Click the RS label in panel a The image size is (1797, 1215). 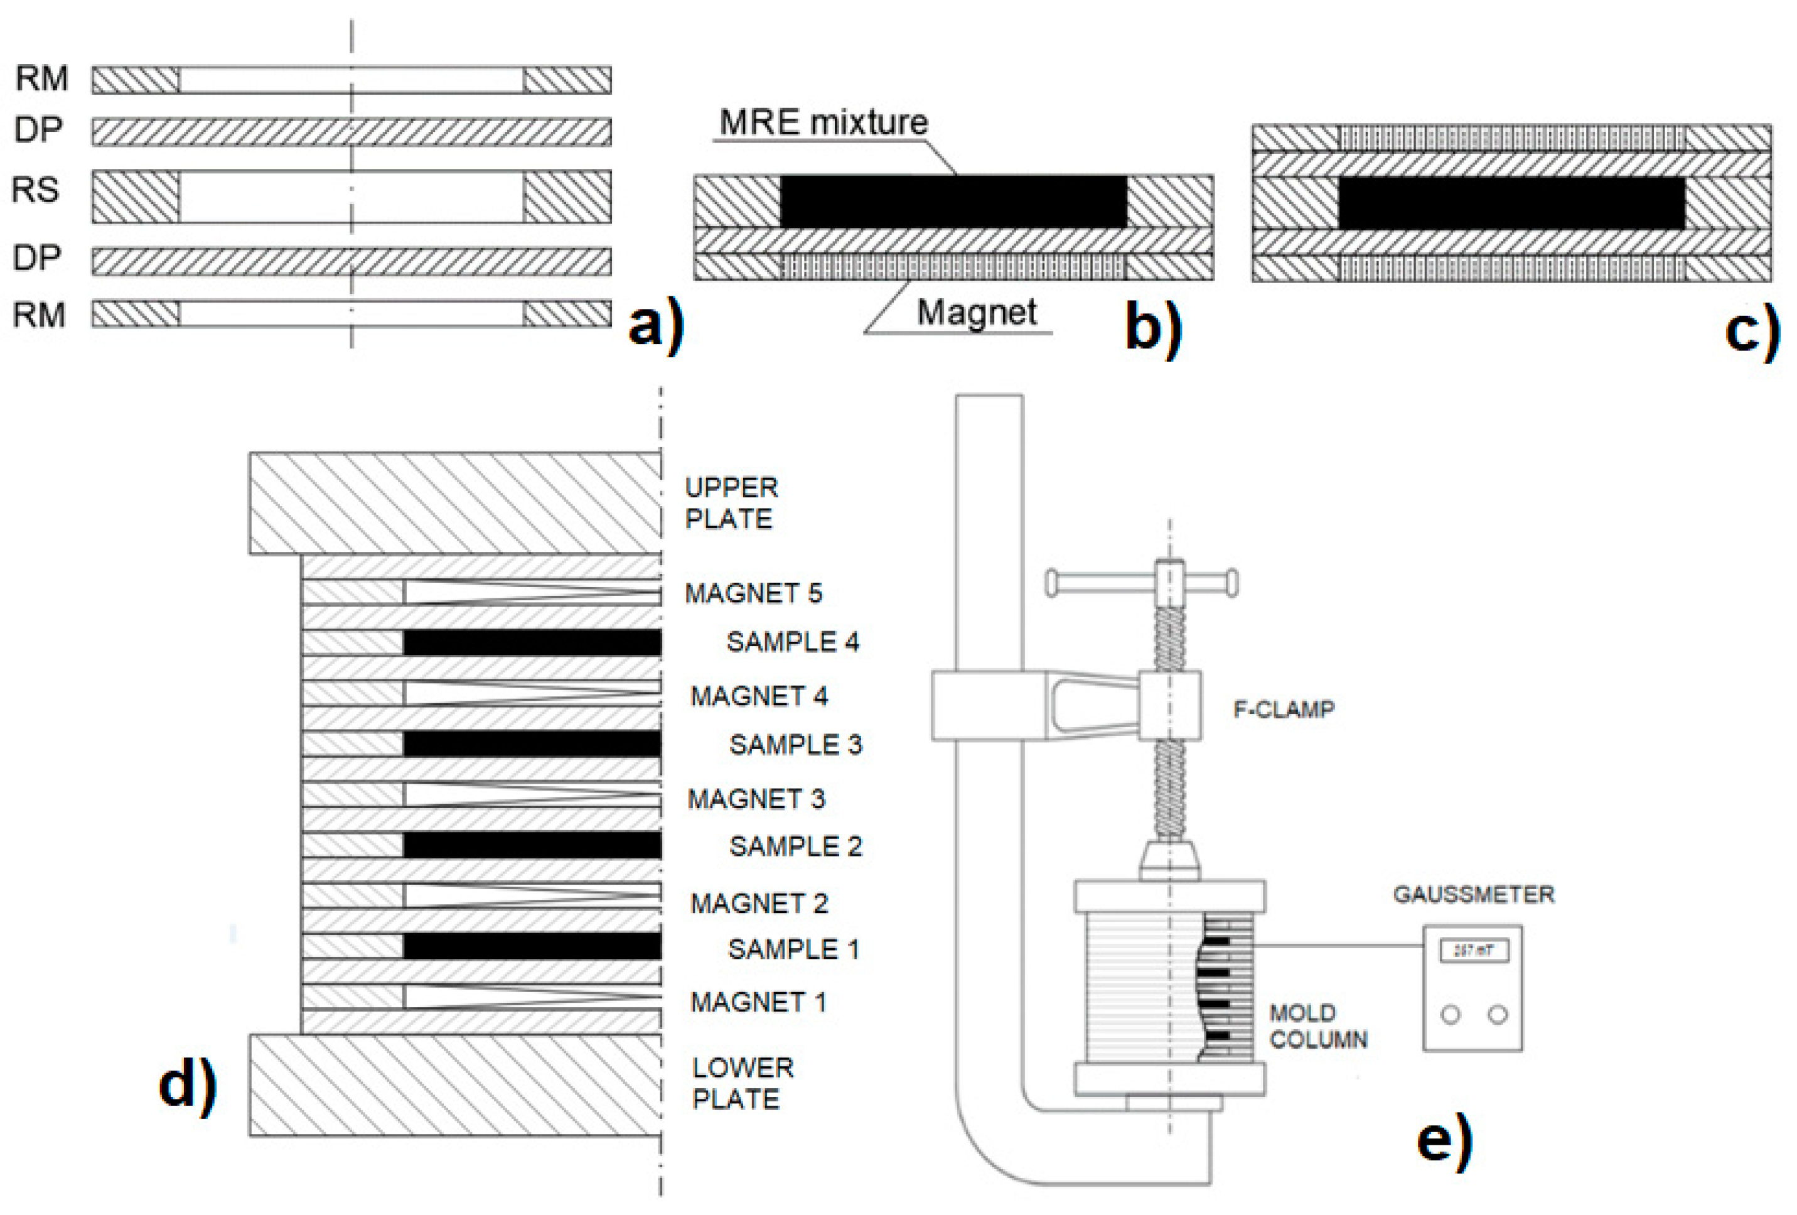point(36,190)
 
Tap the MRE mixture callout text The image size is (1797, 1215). point(823,122)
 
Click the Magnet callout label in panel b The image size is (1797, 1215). point(976,313)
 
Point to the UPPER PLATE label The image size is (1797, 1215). point(730,503)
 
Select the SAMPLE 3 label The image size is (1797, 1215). point(794,745)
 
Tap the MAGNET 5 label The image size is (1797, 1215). point(753,593)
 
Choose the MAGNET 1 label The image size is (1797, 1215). point(758,1002)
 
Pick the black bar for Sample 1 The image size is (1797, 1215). point(532,947)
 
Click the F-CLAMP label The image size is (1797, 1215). point(1283,709)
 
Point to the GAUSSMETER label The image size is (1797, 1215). point(1473,895)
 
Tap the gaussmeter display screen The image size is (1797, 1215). point(1473,951)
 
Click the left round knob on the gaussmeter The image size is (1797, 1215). point(1451,1015)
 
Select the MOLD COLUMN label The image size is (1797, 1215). point(1317,1025)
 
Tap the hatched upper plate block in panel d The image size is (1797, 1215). point(454,504)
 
